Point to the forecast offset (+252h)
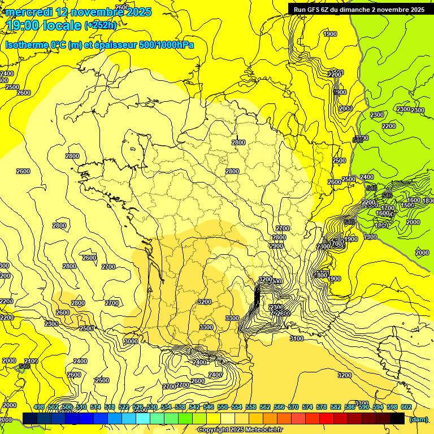click(x=101, y=25)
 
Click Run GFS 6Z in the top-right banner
click(x=313, y=10)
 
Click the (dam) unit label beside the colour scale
click(x=418, y=419)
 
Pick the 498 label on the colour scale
click(x=39, y=407)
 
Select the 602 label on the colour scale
click(x=406, y=407)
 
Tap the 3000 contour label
click(x=131, y=341)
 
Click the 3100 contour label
click(x=296, y=338)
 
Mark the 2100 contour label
click(x=31, y=361)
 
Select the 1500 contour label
click(x=407, y=205)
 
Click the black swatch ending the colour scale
click(x=397, y=418)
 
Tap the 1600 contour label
click(x=414, y=200)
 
